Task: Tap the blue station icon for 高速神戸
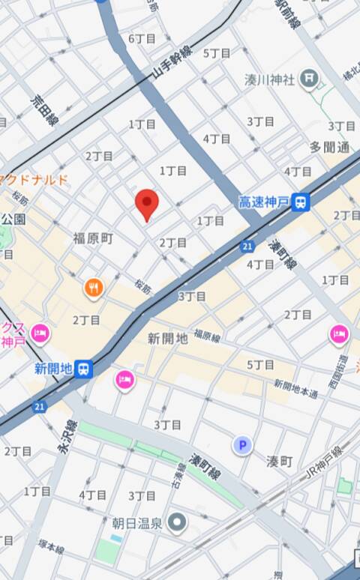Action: tap(301, 201)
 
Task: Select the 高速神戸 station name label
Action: tap(265, 202)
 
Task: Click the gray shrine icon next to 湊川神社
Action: tap(308, 77)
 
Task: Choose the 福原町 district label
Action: tap(93, 238)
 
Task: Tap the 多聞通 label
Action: tap(330, 146)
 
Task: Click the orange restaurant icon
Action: tap(93, 288)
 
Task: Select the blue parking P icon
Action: tap(241, 446)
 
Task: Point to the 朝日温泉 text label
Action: tap(139, 522)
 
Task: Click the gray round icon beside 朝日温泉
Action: tap(177, 522)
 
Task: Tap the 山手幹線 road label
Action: tap(172, 63)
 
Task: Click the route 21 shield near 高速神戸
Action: tap(247, 245)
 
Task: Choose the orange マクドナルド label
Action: tap(34, 179)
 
